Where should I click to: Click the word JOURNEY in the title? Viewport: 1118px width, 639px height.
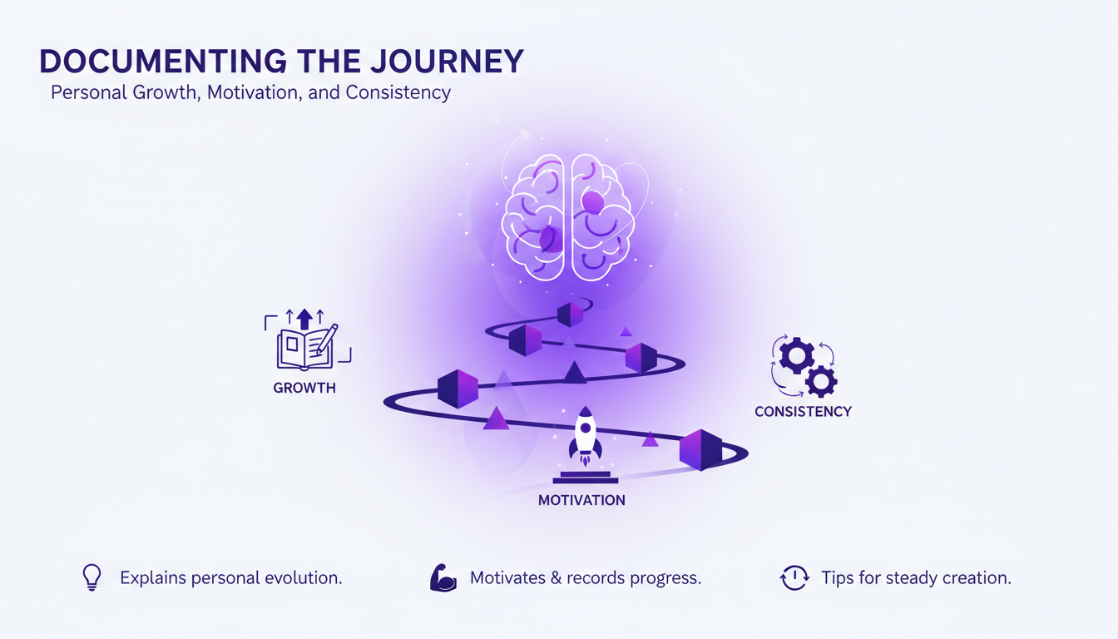448,62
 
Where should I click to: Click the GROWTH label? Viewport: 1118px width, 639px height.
304,388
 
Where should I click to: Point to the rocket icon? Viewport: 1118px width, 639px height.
585,436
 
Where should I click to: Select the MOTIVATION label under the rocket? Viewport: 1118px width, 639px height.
581,500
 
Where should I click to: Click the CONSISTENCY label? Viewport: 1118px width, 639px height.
803,411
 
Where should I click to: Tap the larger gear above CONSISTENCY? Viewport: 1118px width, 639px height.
795,355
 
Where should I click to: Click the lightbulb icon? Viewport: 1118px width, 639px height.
92,577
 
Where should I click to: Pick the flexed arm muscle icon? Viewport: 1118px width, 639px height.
443,578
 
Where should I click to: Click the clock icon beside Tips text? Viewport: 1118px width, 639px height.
794,578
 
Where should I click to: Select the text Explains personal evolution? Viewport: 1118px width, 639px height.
230,577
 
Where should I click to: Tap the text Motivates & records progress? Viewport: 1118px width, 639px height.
586,577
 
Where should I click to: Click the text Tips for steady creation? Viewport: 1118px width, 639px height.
916,577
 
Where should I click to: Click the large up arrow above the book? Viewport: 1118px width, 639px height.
304,318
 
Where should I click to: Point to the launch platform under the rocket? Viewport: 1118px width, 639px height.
585,478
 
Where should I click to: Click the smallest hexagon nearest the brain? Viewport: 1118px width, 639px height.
570,315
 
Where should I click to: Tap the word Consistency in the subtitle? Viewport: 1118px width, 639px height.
398,92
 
